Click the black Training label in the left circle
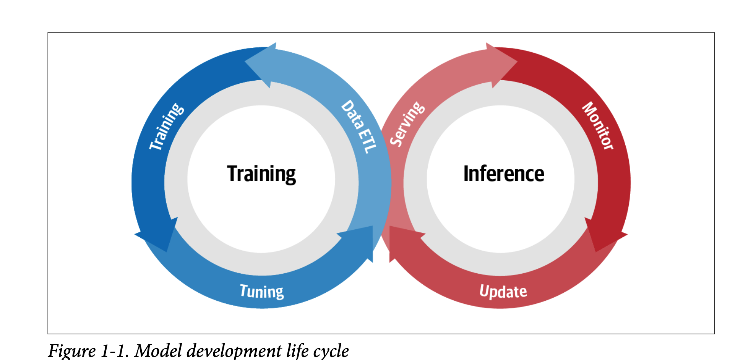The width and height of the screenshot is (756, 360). [261, 174]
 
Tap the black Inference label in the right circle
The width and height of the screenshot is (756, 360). [504, 174]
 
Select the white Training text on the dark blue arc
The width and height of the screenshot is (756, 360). [166, 126]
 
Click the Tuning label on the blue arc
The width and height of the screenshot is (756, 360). [262, 292]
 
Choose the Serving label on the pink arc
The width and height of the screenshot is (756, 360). [407, 124]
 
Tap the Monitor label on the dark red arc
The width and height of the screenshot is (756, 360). [598, 125]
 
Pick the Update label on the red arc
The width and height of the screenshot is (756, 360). [503, 292]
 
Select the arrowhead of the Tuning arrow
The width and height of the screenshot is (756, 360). [359, 241]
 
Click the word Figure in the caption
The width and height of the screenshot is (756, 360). [72, 350]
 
